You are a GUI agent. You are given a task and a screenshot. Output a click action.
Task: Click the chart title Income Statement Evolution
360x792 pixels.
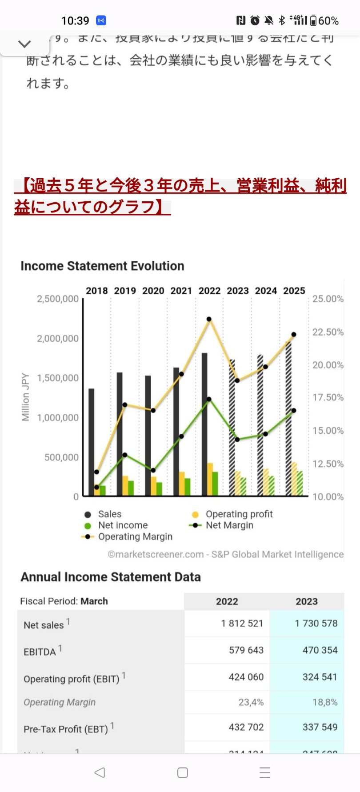(x=102, y=266)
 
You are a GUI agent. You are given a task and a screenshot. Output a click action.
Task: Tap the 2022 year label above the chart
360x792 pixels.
(x=209, y=291)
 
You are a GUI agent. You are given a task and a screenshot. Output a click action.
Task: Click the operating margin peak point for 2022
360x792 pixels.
(x=209, y=319)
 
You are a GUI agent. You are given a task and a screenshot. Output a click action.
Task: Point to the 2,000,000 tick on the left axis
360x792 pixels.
(x=58, y=339)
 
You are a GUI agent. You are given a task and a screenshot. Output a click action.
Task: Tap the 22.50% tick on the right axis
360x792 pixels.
(x=328, y=332)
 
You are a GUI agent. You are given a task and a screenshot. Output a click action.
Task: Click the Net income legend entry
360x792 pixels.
(x=122, y=525)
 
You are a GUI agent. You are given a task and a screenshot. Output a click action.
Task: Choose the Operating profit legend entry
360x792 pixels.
(x=239, y=514)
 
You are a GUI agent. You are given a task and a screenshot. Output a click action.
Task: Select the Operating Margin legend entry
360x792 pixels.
(x=135, y=537)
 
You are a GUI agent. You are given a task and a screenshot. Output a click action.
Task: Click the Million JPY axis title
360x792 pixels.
(x=26, y=397)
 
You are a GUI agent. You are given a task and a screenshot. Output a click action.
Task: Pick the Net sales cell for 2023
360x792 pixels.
(x=316, y=624)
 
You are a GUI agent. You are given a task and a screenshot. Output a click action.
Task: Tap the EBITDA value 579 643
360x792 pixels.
(x=246, y=650)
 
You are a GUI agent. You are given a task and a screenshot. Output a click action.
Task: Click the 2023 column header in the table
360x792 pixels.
(x=307, y=601)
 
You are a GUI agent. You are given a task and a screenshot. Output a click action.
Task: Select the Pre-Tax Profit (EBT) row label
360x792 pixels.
(x=66, y=729)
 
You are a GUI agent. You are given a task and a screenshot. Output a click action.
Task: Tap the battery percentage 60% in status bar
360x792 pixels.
(x=328, y=21)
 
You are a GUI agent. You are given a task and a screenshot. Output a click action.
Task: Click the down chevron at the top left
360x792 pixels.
(x=24, y=44)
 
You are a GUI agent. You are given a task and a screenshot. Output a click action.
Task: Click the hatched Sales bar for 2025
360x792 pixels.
(x=288, y=418)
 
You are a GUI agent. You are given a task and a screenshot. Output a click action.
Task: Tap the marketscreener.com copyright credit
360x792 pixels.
(x=225, y=554)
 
